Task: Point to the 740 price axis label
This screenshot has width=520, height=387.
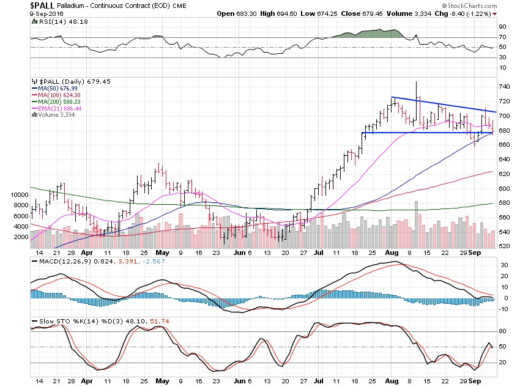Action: (503, 87)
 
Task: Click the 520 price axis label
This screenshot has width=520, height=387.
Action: (503, 246)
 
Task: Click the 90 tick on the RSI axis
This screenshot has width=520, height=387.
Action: (501, 27)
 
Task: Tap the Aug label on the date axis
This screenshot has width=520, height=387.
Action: (392, 253)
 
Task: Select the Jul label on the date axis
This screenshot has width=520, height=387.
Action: (318, 253)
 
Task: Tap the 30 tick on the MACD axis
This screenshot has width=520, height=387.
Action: (501, 265)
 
